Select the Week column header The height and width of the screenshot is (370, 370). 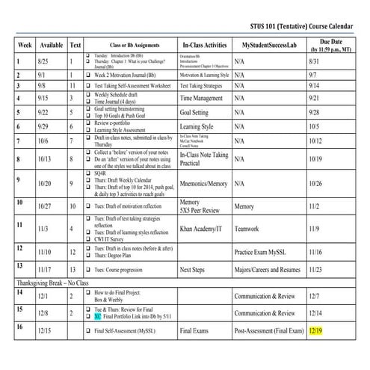coord(24,45)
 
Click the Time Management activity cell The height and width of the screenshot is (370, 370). coord(202,98)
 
